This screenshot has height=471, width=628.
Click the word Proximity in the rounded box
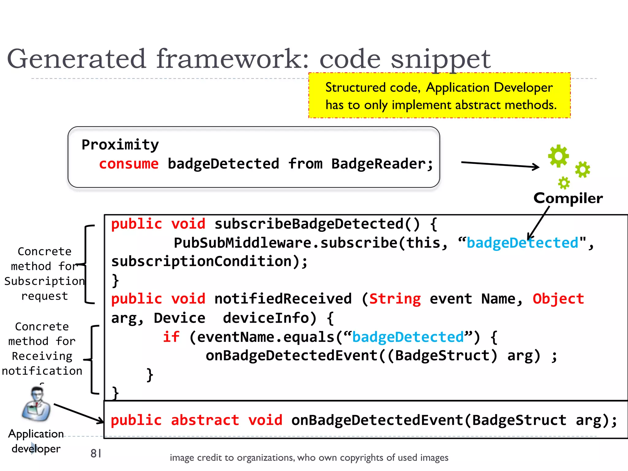click(120, 145)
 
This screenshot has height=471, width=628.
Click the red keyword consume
click(129, 164)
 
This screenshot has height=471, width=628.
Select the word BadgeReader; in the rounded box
click(382, 164)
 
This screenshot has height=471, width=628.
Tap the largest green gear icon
click(558, 156)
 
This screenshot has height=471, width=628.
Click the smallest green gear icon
click(564, 183)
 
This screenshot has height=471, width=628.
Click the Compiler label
click(568, 198)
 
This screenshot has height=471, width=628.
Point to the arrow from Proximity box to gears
click(500, 165)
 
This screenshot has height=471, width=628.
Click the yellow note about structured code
click(439, 96)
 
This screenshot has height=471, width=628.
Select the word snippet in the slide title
click(440, 59)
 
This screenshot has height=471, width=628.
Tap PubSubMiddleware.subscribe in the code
click(285, 243)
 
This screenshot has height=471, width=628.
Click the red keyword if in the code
click(171, 337)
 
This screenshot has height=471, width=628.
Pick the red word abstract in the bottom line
click(205, 420)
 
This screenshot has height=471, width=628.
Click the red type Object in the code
click(558, 299)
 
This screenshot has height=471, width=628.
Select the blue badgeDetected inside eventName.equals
click(408, 337)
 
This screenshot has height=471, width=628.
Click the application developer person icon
click(36, 404)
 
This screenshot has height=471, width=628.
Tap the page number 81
click(96, 453)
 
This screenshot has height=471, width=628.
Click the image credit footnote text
click(309, 458)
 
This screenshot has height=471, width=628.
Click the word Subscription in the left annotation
click(44, 281)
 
